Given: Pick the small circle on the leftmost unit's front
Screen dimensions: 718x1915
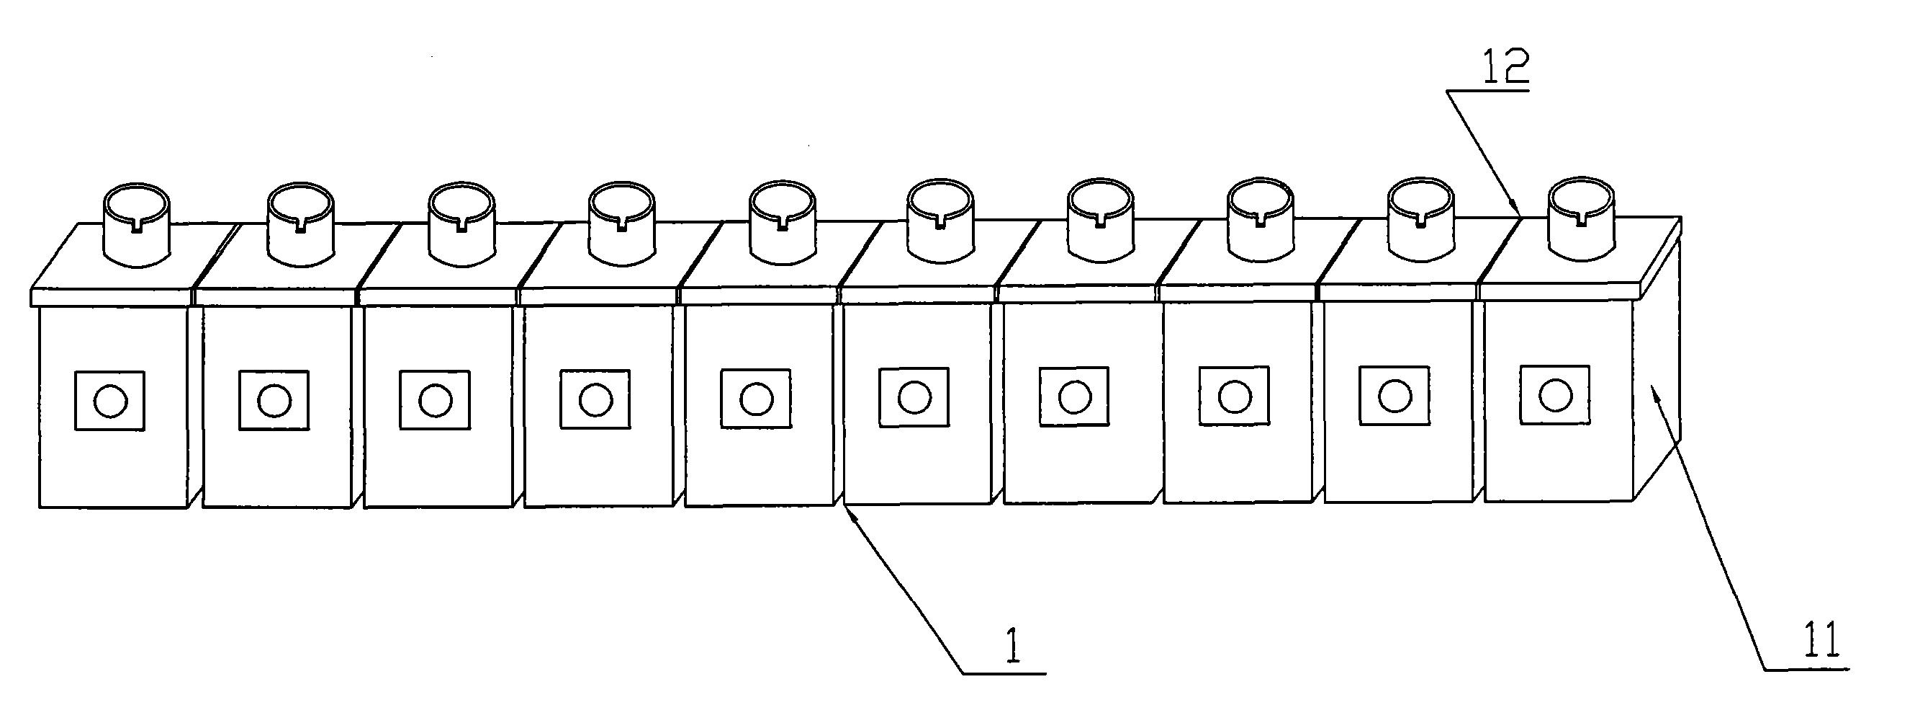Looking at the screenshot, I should (110, 402).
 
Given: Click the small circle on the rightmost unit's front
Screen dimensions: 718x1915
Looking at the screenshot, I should (1554, 394).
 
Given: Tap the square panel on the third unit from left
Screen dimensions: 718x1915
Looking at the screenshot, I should (435, 399).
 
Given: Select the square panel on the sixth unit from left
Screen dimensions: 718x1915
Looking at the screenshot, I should (914, 397).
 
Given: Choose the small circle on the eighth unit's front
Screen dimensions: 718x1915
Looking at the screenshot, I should (1234, 396).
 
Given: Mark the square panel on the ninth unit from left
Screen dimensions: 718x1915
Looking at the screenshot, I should (1394, 395).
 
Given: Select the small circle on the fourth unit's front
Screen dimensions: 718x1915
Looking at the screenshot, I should (595, 399).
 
